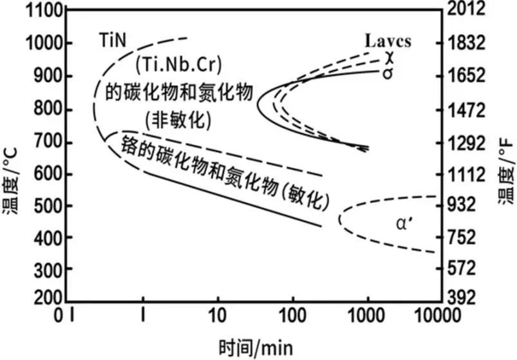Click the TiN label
(x=114, y=39)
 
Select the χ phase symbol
(x=388, y=57)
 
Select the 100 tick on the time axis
(x=292, y=316)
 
